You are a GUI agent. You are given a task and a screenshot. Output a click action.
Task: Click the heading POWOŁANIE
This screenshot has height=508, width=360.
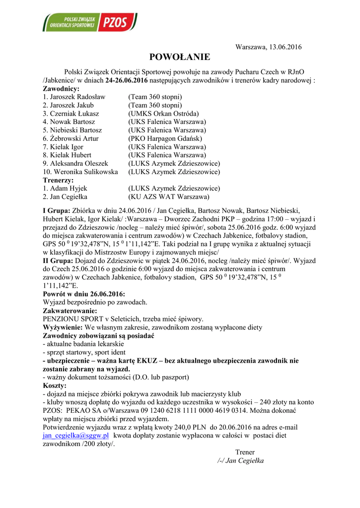click(180, 57)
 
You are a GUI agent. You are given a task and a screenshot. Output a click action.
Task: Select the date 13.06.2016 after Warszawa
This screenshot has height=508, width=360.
click(286, 47)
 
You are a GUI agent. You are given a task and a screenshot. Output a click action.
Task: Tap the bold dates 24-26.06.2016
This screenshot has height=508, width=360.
click(127, 80)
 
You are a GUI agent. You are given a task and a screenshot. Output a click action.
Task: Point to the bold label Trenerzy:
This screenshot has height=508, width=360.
click(58, 180)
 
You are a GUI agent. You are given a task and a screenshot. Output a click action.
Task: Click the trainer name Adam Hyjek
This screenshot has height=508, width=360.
click(68, 189)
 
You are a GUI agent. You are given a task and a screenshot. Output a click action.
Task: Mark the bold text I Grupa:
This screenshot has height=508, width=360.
click(57, 210)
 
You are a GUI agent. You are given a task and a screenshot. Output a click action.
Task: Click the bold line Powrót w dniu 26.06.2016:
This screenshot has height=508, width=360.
click(84, 294)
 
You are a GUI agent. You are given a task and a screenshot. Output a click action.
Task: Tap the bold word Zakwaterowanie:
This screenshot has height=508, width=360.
click(70, 311)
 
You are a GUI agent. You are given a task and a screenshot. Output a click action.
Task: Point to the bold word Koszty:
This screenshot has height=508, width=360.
click(55, 385)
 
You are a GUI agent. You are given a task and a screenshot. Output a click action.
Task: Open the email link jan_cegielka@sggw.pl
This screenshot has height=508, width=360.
click(75, 435)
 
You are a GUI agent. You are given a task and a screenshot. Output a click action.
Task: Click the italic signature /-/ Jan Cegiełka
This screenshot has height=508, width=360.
click(241, 460)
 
